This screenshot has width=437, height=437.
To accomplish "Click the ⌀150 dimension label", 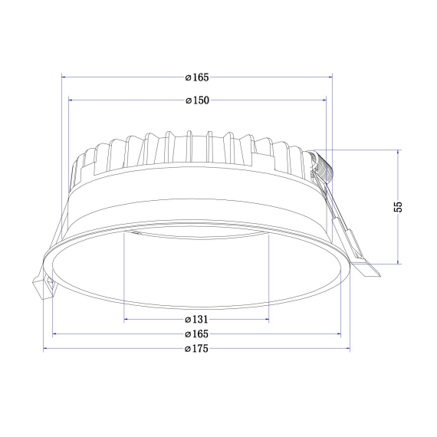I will click(198, 100).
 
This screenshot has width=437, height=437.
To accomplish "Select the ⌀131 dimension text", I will click(198, 319).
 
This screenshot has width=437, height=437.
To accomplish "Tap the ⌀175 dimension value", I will click(198, 348).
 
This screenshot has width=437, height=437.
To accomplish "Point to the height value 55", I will click(398, 207).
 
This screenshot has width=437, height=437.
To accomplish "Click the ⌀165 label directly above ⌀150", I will click(198, 77).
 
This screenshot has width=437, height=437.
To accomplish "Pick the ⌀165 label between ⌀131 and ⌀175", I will click(198, 333).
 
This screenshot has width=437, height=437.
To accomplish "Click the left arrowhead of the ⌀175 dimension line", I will click(46, 348).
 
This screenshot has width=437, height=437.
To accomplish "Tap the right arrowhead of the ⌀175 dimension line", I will click(347, 348).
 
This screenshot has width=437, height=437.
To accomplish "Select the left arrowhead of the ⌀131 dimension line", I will click(127, 319).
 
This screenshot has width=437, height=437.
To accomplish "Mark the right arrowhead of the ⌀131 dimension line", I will click(266, 319).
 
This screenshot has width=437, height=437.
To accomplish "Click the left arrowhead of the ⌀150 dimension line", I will click(71, 100).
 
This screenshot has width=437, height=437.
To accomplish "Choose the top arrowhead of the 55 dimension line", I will click(398, 153).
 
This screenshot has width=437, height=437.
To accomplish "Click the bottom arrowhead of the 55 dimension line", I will click(398, 261).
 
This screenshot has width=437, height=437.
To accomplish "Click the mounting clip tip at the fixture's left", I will click(43, 290).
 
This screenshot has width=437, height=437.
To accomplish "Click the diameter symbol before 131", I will click(189, 319).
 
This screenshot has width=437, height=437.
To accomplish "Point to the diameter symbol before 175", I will click(189, 348).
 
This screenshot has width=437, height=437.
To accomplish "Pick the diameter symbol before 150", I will click(189, 100).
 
